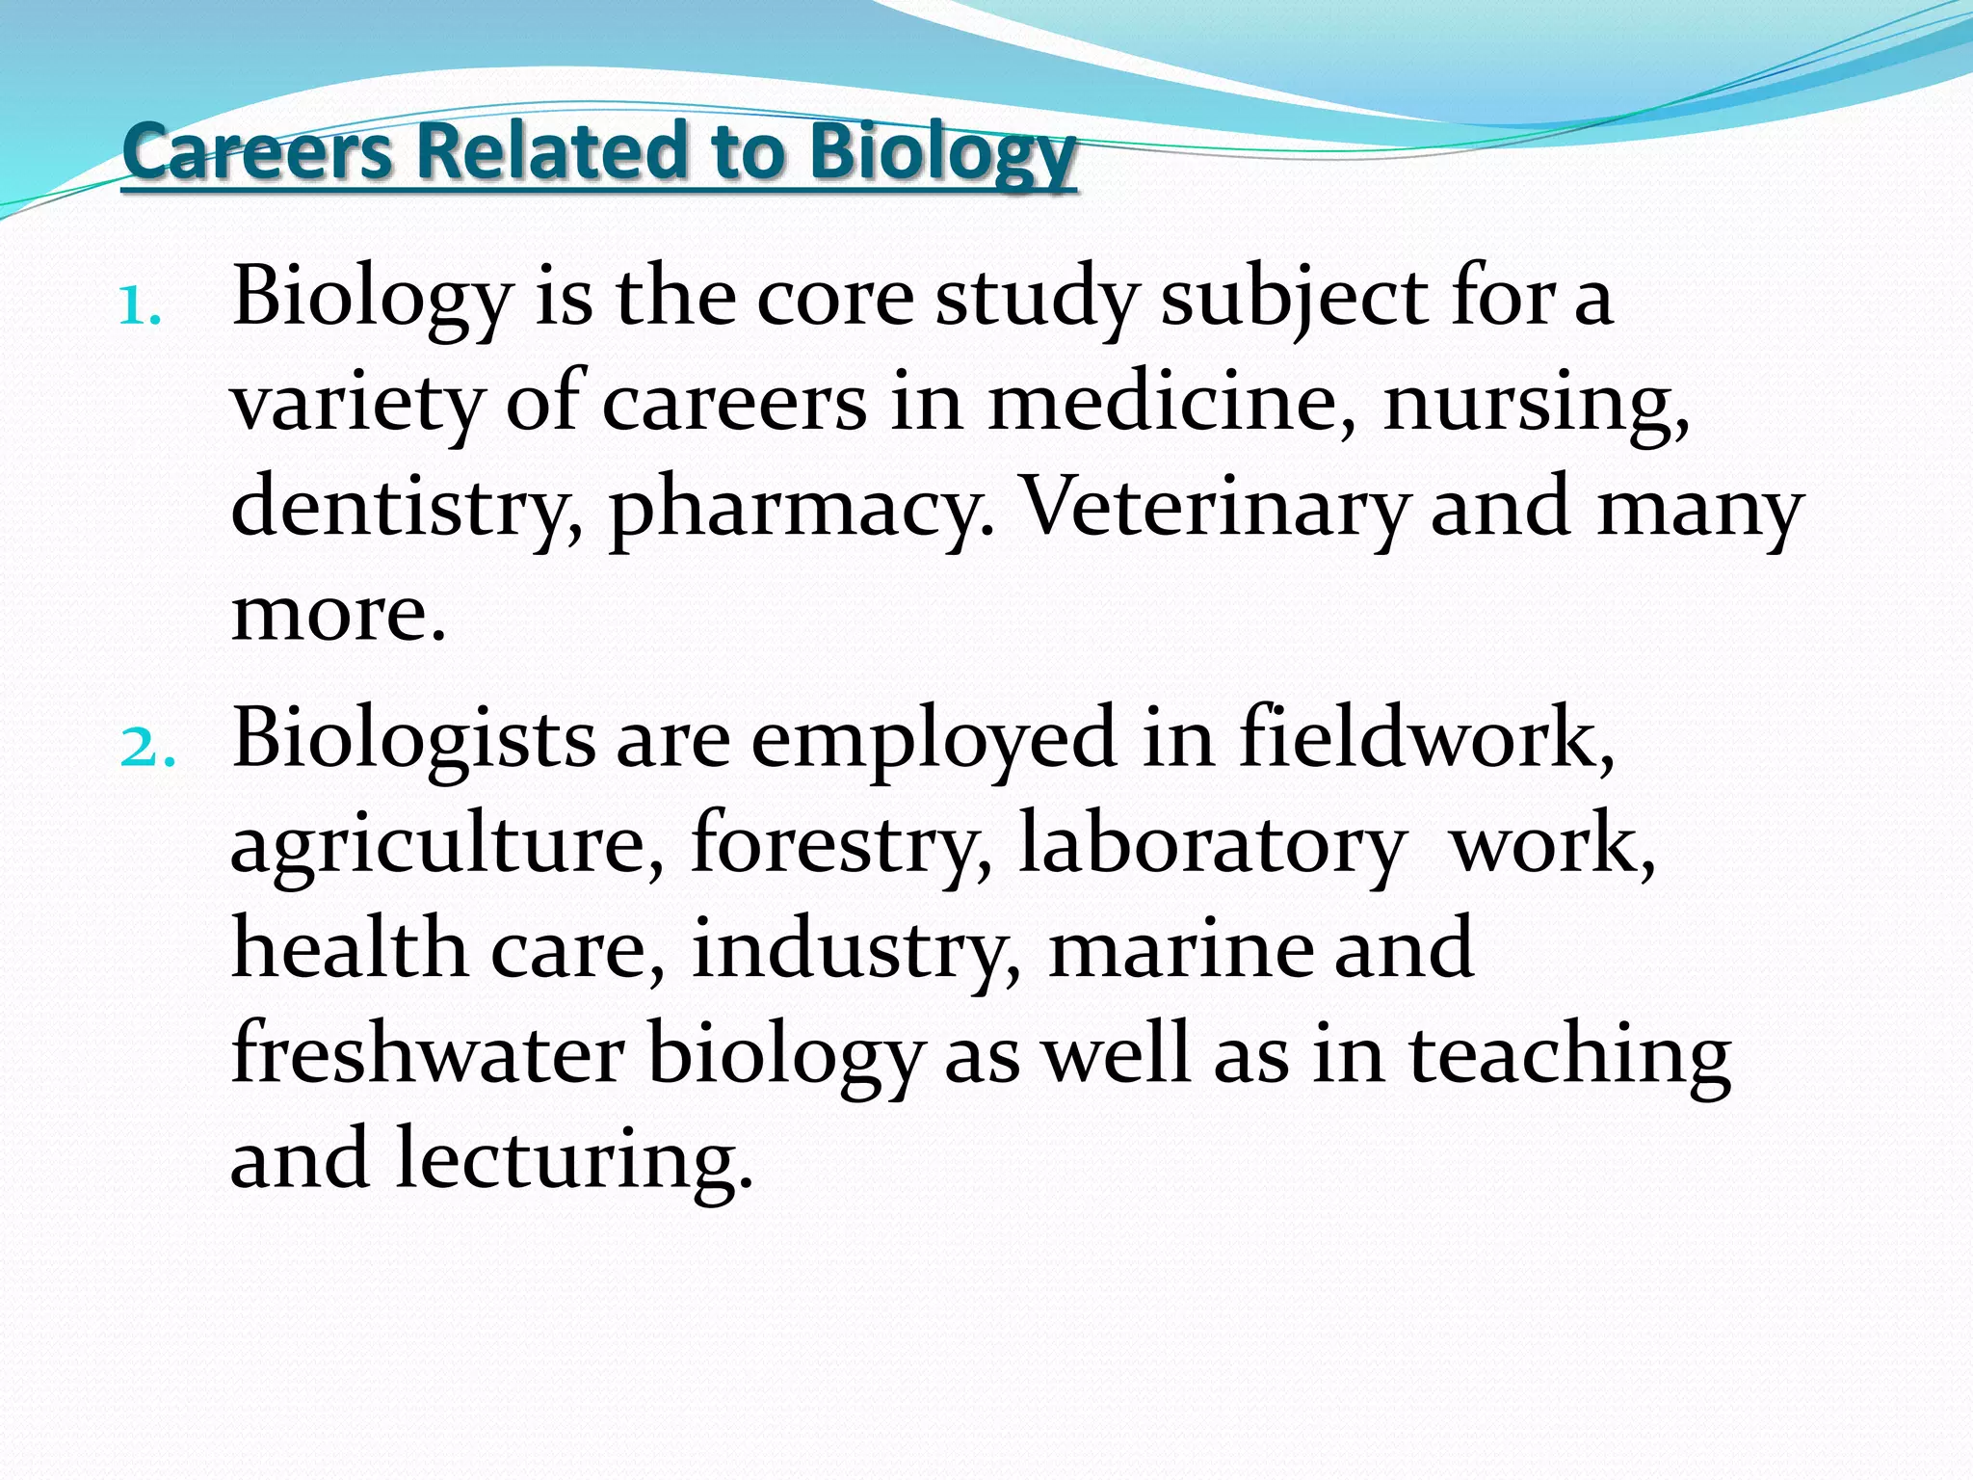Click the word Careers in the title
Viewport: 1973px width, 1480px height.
[x=257, y=151]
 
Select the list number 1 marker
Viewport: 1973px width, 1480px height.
[x=140, y=308]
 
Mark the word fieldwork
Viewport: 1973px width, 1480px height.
[x=1426, y=737]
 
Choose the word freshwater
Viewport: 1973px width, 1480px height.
[x=428, y=1054]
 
